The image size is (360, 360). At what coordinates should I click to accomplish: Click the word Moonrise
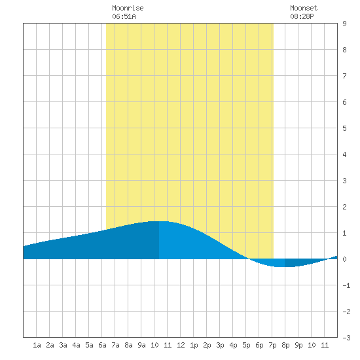pos(128,8)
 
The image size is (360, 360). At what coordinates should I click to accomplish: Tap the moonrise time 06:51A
pos(124,16)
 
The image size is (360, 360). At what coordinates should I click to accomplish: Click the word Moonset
pos(304,8)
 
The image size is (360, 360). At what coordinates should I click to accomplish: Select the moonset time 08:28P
pos(302,16)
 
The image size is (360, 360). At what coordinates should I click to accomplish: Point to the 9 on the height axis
pos(344,24)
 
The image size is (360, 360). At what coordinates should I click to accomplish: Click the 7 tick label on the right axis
pos(344,76)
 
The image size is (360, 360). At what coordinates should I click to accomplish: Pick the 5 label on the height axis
pos(344,128)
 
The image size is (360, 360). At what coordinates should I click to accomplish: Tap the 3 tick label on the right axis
pos(344,181)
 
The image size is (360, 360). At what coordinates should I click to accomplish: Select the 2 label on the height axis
pos(344,207)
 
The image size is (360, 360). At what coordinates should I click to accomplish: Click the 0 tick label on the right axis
pos(344,259)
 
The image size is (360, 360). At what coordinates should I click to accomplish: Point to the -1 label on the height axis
pos(346,285)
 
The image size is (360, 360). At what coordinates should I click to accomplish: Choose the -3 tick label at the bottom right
pos(346,338)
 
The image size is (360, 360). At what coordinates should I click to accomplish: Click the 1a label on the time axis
pos(37,345)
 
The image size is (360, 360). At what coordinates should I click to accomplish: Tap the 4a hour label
pos(76,345)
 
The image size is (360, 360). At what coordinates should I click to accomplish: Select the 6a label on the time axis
pos(102,345)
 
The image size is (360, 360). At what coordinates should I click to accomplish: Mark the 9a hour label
pos(141,345)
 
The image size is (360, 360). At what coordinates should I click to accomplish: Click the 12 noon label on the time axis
pos(181,345)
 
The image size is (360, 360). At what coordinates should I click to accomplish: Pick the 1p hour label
pos(194,345)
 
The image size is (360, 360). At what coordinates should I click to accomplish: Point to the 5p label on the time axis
pos(246,345)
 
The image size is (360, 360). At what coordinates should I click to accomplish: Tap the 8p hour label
pos(285,345)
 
